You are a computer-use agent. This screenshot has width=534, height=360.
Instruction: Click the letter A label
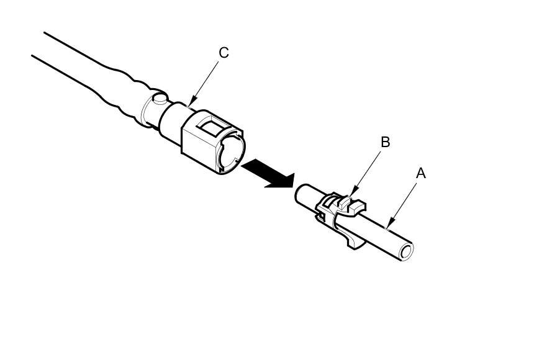(x=420, y=174)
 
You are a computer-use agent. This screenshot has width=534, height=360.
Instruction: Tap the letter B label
(x=385, y=142)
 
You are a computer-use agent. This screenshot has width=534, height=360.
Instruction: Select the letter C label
(x=224, y=53)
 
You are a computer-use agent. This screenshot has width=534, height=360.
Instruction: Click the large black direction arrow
(x=268, y=173)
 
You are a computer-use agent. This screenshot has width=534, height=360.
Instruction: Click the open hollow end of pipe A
(x=407, y=251)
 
